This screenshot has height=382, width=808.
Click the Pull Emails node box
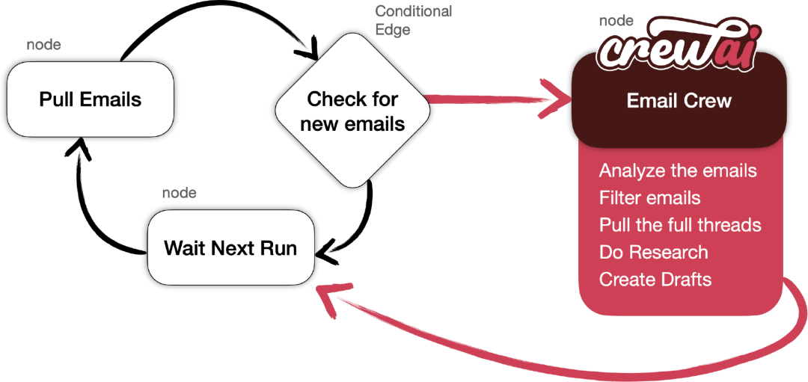pyautogui.click(x=91, y=99)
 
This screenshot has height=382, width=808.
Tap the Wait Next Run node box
pyautogui.click(x=231, y=248)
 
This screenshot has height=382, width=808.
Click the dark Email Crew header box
pyautogui.click(x=679, y=100)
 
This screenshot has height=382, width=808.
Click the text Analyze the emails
pyautogui.click(x=678, y=170)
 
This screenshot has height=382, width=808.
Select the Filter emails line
pyautogui.click(x=650, y=197)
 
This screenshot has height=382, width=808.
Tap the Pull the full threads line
pyautogui.click(x=680, y=225)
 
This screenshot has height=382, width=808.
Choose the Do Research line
pyautogui.click(x=653, y=252)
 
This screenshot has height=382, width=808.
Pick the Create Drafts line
pyautogui.click(x=655, y=280)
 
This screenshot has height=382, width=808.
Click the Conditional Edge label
pyautogui.click(x=413, y=20)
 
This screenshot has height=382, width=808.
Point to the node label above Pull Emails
pyautogui.click(x=43, y=45)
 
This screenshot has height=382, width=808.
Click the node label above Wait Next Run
pyautogui.click(x=180, y=193)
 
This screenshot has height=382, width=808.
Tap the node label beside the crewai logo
pyautogui.click(x=616, y=21)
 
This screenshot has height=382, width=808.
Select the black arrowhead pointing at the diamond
pyautogui.click(x=310, y=51)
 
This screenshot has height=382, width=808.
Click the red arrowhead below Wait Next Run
pyautogui.click(x=330, y=298)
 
